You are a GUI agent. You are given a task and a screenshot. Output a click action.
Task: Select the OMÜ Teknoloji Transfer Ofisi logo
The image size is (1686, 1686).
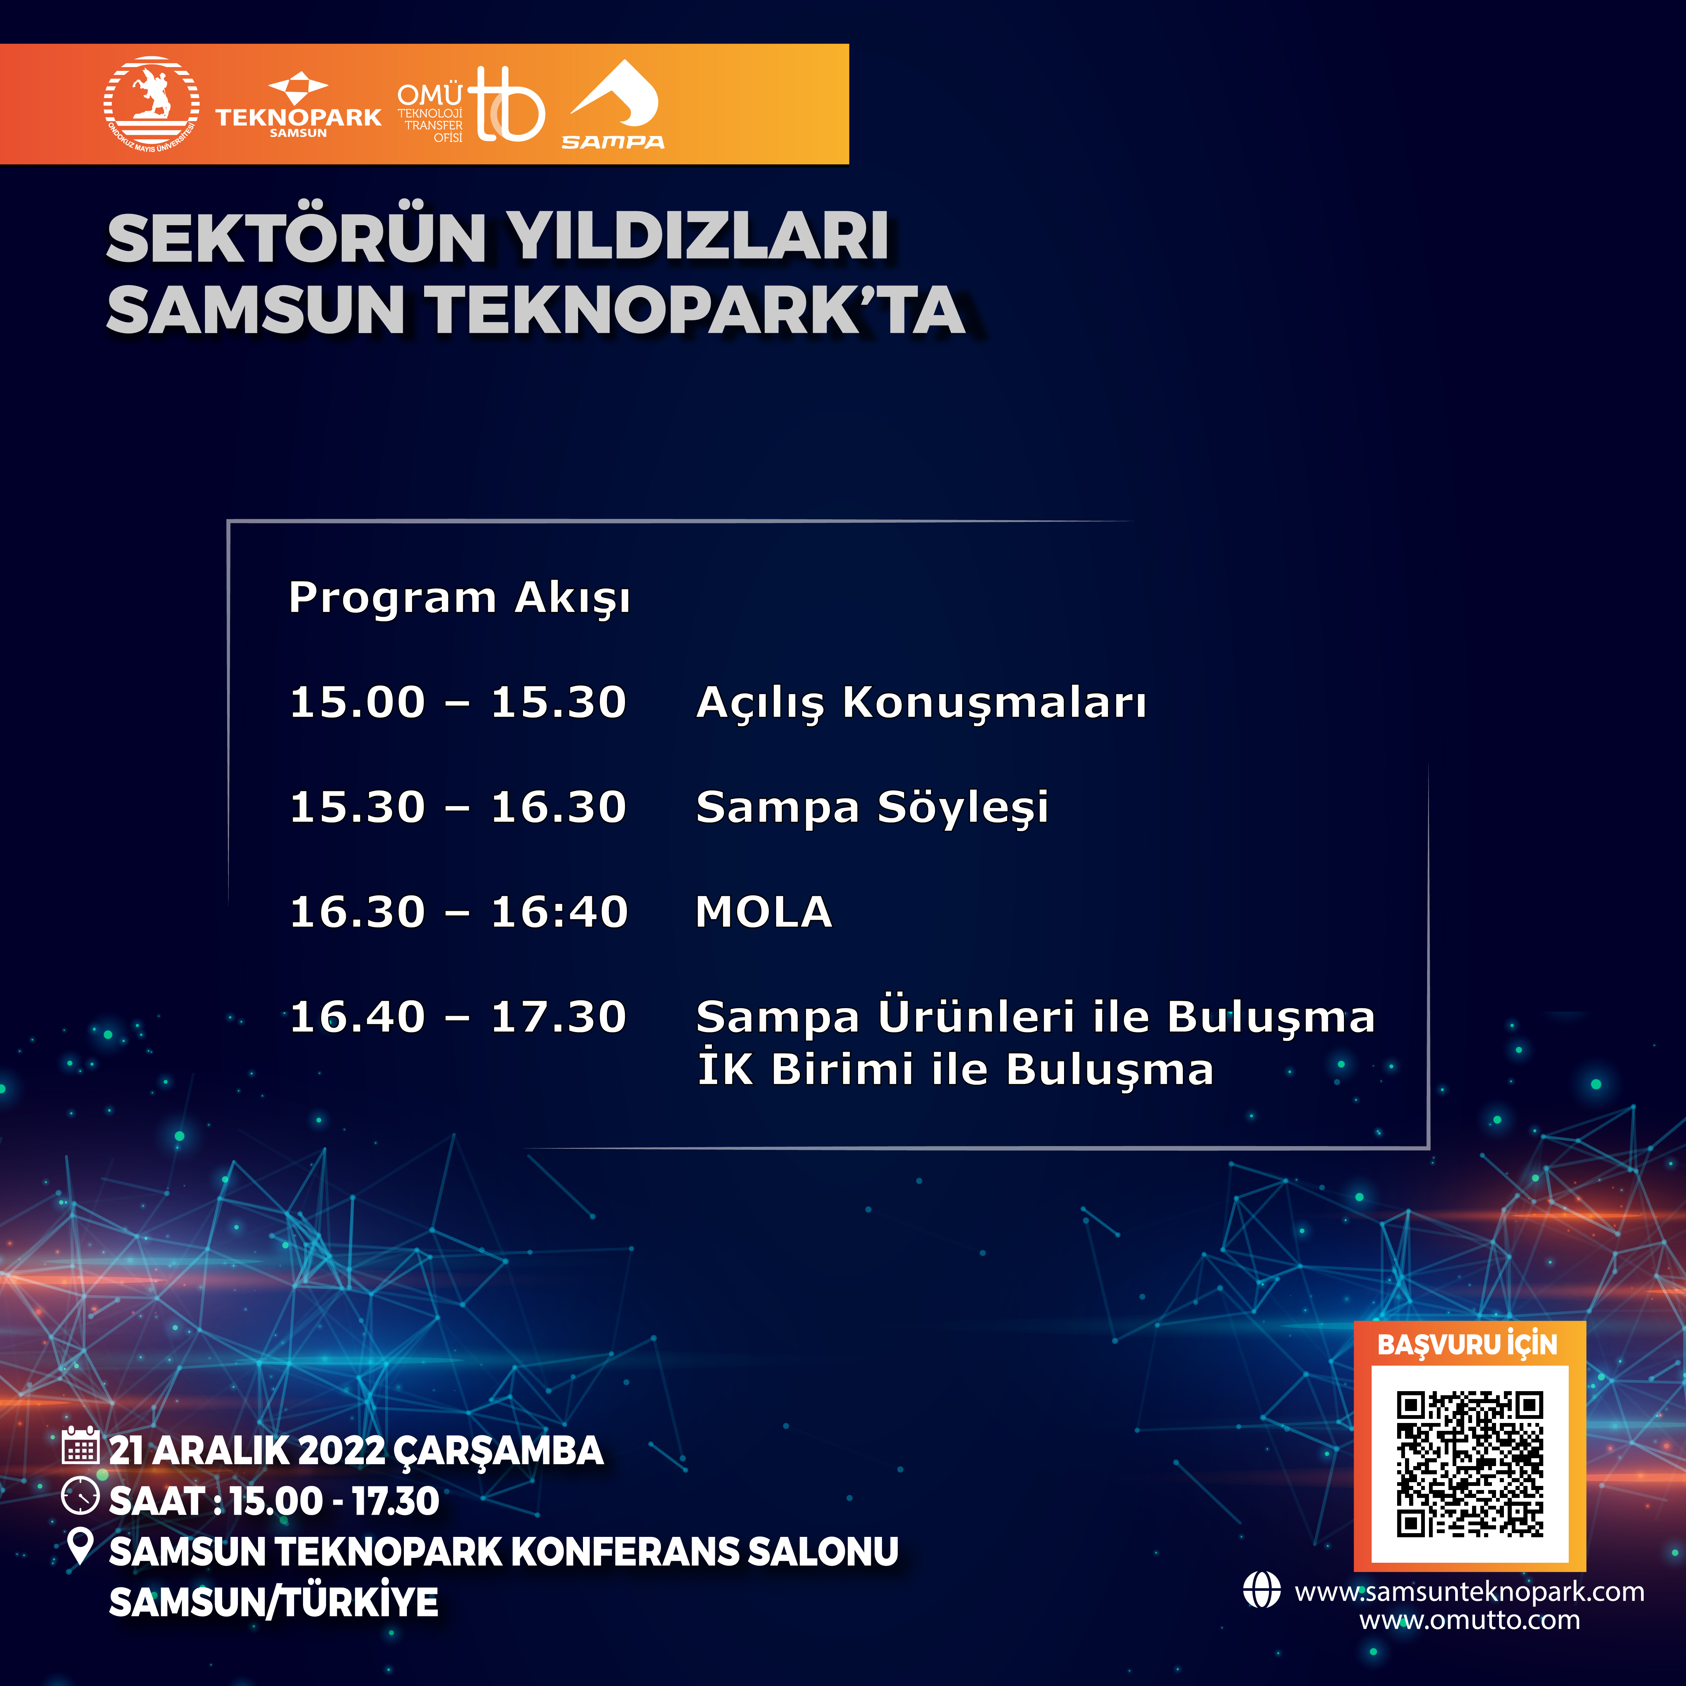[471, 106]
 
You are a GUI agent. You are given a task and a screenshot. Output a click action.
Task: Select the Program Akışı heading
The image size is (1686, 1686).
[459, 599]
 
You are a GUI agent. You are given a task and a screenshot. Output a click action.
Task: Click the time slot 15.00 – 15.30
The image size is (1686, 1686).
[458, 702]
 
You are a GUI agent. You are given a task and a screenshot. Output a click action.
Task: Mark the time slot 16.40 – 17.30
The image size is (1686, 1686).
[458, 1017]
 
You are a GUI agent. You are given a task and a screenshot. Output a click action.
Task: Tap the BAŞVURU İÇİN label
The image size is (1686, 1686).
[1468, 1344]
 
